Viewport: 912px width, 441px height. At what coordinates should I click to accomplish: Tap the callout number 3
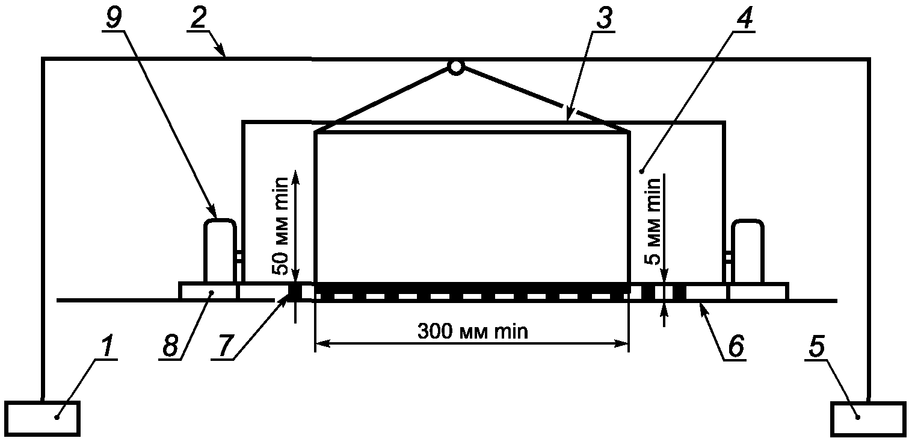point(602,19)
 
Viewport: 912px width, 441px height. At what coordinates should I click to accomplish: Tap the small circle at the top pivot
point(456,67)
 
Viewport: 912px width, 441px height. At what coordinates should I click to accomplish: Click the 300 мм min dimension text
point(472,331)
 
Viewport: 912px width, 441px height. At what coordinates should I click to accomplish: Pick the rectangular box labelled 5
point(868,419)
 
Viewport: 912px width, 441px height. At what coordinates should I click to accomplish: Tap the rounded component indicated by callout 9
point(220,250)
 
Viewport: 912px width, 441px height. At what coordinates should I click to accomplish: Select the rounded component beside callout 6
point(747,250)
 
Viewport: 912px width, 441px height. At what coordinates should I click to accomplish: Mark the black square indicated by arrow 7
point(295,292)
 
